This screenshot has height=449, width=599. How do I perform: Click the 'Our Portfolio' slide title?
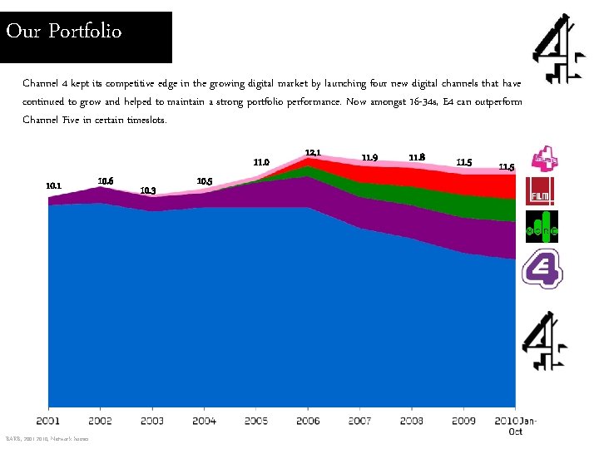[64, 32]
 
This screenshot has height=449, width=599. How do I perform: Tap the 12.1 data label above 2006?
[313, 153]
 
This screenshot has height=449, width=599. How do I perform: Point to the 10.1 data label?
[52, 186]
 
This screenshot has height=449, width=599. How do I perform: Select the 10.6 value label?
[106, 181]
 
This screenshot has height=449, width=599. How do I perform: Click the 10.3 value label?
[148, 190]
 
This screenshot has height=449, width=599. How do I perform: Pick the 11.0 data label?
[261, 162]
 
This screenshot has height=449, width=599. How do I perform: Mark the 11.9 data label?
[369, 158]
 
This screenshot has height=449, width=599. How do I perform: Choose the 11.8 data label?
[418, 157]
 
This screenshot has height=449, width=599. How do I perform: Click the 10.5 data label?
[204, 181]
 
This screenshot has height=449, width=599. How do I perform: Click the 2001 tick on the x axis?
[48, 421]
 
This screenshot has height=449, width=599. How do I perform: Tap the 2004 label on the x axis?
[204, 421]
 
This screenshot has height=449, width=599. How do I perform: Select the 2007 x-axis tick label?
[359, 421]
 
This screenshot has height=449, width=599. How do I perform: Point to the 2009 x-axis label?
[463, 421]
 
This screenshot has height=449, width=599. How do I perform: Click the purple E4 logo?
[542, 269]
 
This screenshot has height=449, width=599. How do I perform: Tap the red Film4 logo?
[541, 192]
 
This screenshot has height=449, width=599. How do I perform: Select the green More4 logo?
[541, 228]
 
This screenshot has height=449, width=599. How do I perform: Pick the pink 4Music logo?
[541, 157]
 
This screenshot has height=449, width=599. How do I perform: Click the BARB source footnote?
[47, 439]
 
